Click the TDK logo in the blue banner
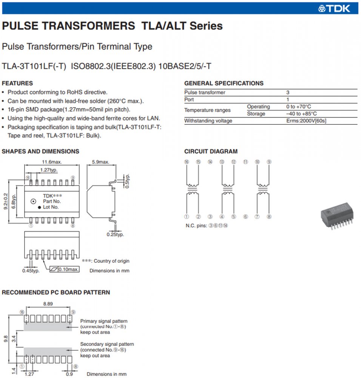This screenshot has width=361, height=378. (x=334, y=8)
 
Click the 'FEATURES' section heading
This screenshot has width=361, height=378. (x=17, y=83)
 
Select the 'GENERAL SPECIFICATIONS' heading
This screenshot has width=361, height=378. (x=224, y=83)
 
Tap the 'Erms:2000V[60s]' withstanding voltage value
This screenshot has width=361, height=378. (x=306, y=121)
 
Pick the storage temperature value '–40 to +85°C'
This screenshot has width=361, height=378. (x=301, y=114)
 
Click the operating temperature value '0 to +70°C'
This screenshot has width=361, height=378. (x=299, y=107)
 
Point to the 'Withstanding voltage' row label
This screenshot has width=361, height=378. (x=208, y=121)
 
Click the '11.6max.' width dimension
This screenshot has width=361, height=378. (x=52, y=162)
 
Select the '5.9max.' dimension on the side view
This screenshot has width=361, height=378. (x=100, y=162)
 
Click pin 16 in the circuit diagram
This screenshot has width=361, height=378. (x=186, y=162)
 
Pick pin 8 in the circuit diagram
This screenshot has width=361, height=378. (x=269, y=217)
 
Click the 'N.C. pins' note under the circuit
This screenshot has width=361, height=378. (x=207, y=226)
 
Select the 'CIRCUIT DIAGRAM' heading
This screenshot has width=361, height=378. (x=211, y=152)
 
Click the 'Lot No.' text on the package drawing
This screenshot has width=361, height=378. (x=51, y=207)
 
